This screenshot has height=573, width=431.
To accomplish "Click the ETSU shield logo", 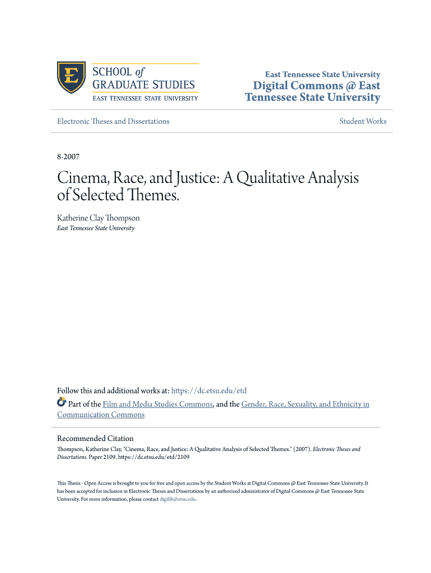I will pyautogui.click(x=71, y=78).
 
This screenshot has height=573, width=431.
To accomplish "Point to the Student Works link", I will pyautogui.click(x=363, y=121).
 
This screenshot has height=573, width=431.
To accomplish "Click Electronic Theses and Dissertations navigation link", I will pyautogui.click(x=113, y=121).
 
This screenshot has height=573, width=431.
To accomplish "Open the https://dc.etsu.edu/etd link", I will pyautogui.click(x=209, y=391).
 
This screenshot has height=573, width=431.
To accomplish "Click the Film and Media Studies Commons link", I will pyautogui.click(x=158, y=404).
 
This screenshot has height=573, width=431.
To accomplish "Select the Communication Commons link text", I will pyautogui.click(x=101, y=415).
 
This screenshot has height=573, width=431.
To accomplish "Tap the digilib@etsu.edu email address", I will pyautogui.click(x=177, y=499).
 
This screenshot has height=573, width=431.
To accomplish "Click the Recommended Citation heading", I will pyautogui.click(x=95, y=438).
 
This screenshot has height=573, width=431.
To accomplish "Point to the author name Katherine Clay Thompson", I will pyautogui.click(x=99, y=218).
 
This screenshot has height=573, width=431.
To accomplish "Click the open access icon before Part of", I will pyautogui.click(x=62, y=403).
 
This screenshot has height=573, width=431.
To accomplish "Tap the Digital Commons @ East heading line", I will pyautogui.click(x=316, y=86).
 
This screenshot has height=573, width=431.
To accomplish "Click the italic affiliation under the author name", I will pyautogui.click(x=96, y=228).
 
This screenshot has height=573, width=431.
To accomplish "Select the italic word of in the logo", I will pyautogui.click(x=140, y=72).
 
